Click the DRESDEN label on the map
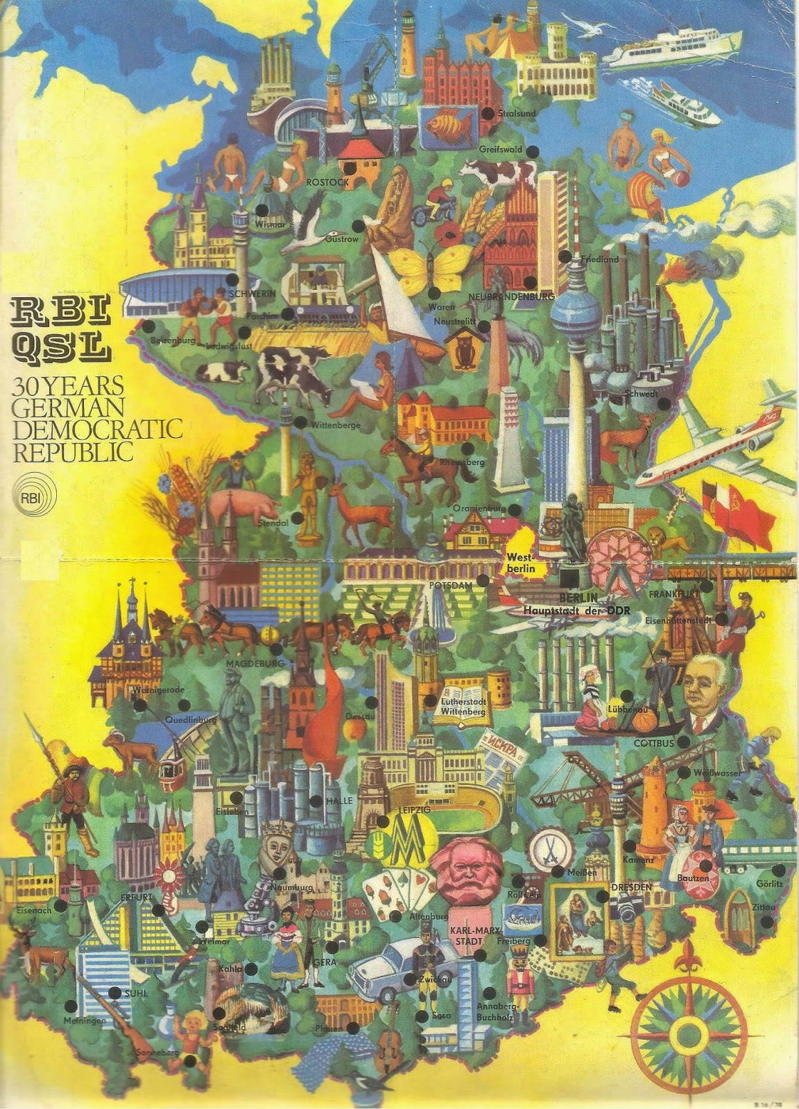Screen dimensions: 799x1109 click(x=631, y=887)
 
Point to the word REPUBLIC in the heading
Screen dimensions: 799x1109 click(x=73, y=453)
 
